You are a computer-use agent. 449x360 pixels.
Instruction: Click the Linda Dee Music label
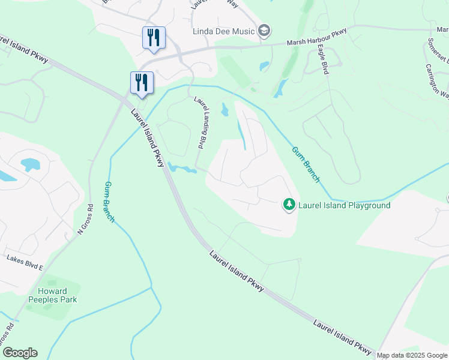pos(223,31)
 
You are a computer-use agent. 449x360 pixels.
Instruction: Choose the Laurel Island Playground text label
pos(345,205)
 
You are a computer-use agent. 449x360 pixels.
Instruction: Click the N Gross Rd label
pos(85,220)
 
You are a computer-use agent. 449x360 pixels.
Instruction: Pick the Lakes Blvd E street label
pos(25,262)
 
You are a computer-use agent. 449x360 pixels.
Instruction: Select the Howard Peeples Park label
pos(53,295)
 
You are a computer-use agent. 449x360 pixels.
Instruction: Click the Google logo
pos(20,353)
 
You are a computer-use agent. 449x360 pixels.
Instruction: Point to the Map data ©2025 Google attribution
pos(412,355)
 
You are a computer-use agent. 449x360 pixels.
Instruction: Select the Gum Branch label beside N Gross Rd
pos(109,202)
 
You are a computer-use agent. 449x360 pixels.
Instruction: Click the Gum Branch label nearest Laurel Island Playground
pos(306,164)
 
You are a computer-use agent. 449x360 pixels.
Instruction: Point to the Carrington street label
pos(436,80)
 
